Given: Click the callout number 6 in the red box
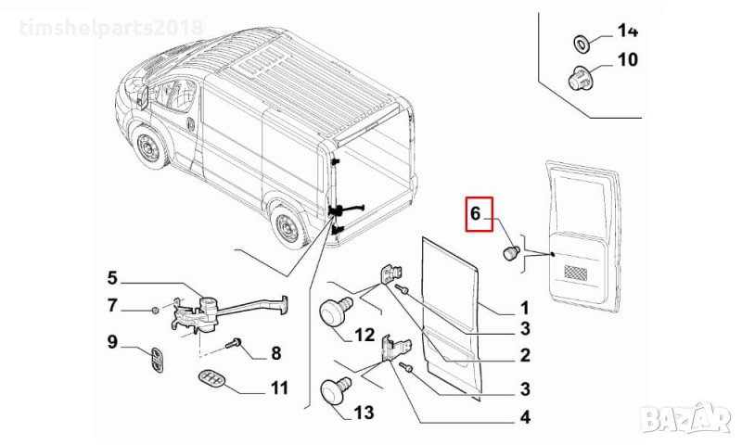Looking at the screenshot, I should pos(475,215).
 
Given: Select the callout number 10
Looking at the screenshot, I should pos(628,61).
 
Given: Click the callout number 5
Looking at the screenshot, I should pos(112,277).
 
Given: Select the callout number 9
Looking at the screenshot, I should pos(113,342).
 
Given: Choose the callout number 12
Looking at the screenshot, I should pos(364,335).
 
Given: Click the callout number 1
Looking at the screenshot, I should pos(523,307).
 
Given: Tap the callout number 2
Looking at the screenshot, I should pos(524,355).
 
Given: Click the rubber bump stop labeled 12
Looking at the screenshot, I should pos(333,311).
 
